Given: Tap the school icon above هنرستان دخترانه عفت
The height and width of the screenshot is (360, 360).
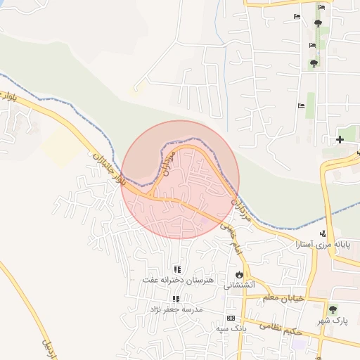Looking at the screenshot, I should point(177,269).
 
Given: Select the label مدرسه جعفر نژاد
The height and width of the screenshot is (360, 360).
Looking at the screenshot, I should point(176,309).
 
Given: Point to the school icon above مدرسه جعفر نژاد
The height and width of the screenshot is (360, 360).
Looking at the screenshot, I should point(176,299).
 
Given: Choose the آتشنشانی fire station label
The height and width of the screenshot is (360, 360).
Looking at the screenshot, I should point(239,285).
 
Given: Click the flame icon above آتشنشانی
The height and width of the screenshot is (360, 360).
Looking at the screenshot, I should point(240,275).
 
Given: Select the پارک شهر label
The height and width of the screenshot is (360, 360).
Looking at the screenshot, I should point(332,321).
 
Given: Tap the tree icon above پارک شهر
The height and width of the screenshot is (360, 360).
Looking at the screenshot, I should point(333,309).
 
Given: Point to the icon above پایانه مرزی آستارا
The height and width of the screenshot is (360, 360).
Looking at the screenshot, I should point(323,233).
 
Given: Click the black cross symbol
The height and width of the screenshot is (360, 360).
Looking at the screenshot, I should point(340,139).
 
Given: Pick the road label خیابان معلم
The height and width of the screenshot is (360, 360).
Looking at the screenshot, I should point(283,298).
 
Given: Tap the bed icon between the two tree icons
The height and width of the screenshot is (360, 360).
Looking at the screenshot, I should point(313,46).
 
